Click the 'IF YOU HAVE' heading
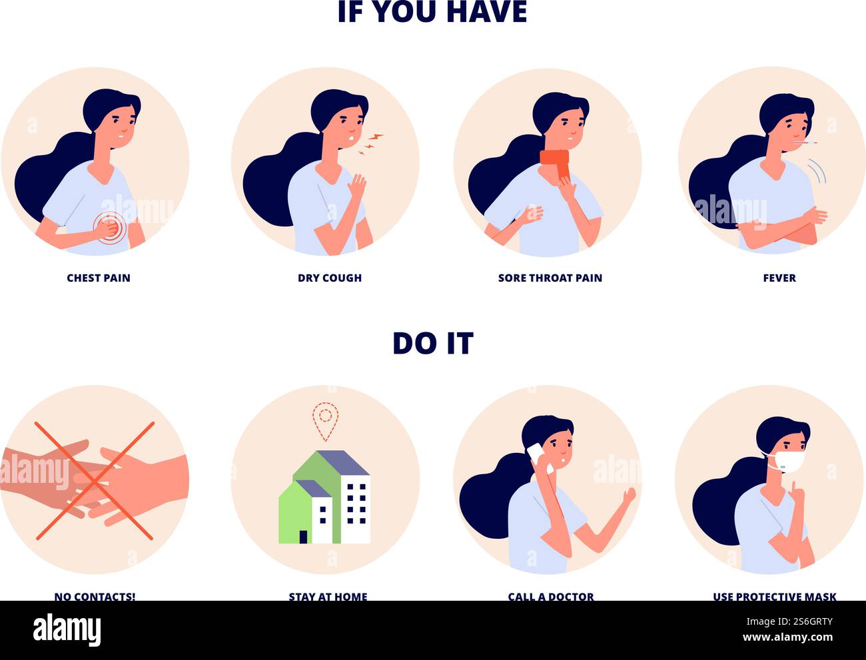(432, 12)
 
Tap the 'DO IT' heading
(432, 343)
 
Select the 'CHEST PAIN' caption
(99, 278)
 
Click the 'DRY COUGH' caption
(330, 278)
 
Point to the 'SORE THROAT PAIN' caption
(550, 278)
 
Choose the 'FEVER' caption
(779, 278)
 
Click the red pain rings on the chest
(110, 226)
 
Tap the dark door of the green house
(304, 536)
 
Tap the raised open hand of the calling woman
(626, 496)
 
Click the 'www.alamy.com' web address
(793, 638)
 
